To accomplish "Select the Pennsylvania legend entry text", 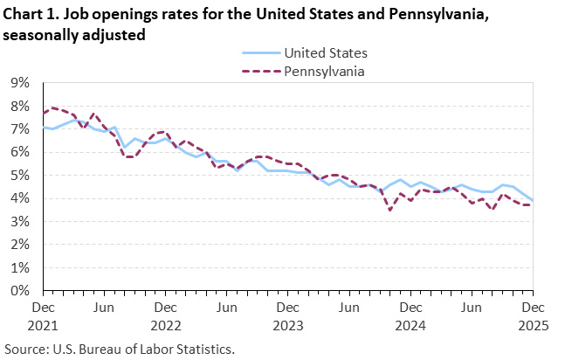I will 324,70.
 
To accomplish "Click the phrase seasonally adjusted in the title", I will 73,35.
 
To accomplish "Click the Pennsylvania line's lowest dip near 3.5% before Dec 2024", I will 389,211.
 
